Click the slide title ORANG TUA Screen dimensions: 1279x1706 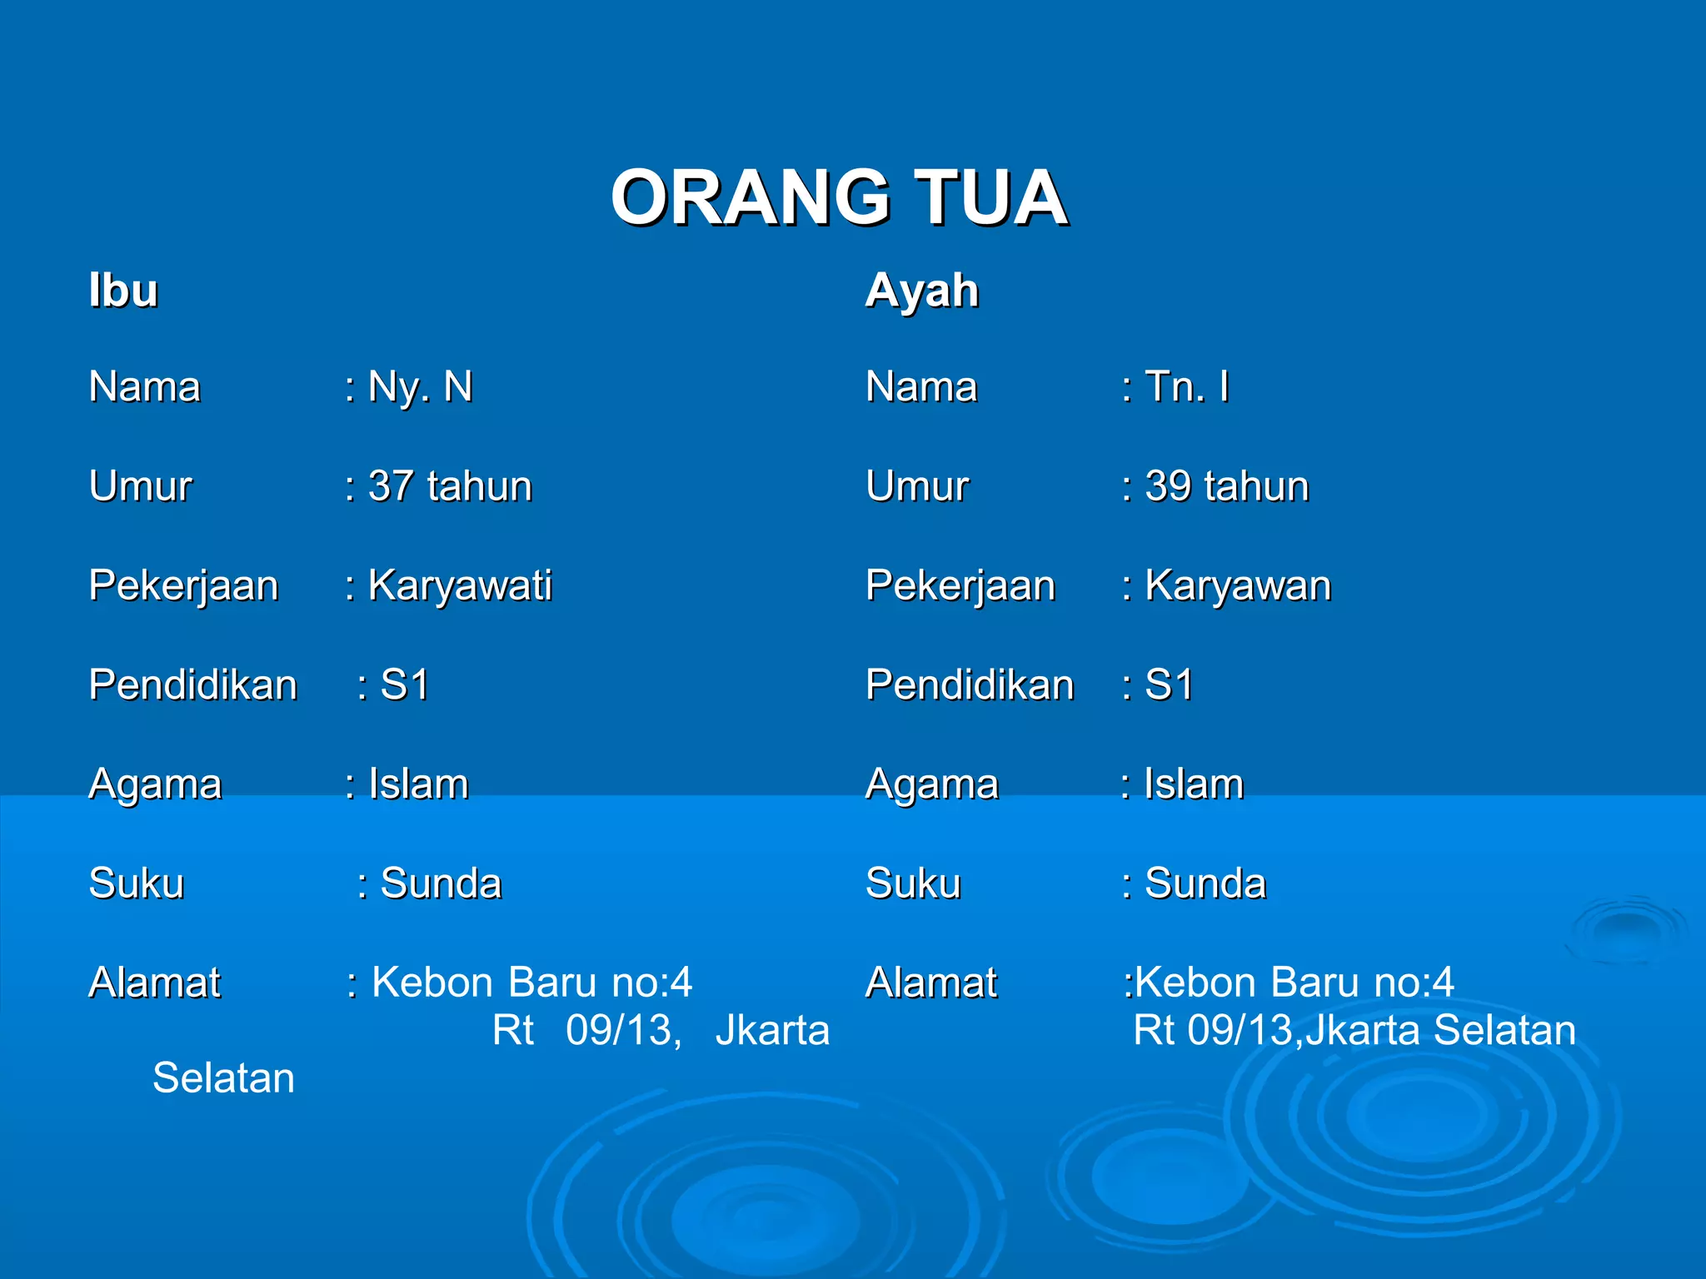coord(839,197)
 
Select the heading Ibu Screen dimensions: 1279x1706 coord(123,291)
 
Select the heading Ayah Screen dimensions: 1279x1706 coord(921,291)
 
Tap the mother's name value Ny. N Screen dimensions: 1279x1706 coord(420,387)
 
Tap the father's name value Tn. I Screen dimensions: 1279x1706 coord(1187,387)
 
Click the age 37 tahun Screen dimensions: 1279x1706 coord(450,486)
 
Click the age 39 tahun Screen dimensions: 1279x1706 coord(1226,486)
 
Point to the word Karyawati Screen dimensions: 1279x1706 coord(460,585)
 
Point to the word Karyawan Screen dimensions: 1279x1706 coord(1238,585)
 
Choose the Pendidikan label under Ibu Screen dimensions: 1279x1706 coord(192,685)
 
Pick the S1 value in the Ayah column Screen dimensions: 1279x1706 coord(1169,685)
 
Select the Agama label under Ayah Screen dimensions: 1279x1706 coord(931,784)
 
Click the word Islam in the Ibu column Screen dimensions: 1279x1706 coord(418,784)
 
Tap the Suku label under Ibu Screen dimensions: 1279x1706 coord(136,883)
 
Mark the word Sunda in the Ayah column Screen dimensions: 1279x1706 coord(1205,883)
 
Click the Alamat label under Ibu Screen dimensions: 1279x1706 coord(154,983)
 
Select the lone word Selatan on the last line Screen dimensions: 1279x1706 coord(223,1078)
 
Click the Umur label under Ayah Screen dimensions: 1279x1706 coord(916,486)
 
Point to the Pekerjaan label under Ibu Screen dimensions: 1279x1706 coord(183,585)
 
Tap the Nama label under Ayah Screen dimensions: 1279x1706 coord(921,387)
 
